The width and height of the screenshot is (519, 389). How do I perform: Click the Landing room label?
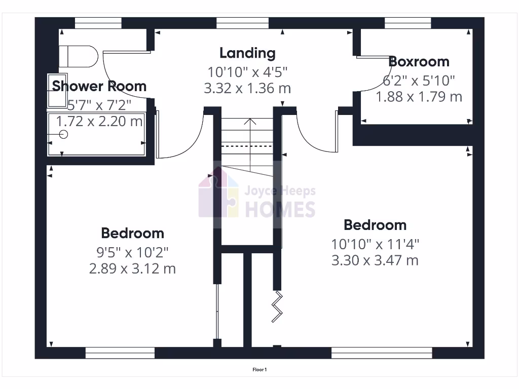pyautogui.click(x=247, y=53)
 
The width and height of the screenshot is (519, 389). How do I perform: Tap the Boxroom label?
pyautogui.click(x=419, y=62)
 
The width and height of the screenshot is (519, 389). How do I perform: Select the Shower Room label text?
pyautogui.click(x=99, y=86)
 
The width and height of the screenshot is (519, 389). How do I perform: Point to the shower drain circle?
pyautogui.click(x=63, y=134)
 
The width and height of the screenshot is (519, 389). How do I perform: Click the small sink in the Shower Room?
pyautogui.click(x=57, y=91)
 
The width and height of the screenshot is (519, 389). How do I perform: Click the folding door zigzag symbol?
pyautogui.click(x=278, y=306)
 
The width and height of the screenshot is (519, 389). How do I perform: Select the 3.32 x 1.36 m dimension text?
pyautogui.click(x=247, y=88)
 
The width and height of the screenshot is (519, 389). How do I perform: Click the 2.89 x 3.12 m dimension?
pyautogui.click(x=132, y=268)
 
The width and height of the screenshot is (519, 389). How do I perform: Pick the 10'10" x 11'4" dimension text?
pyautogui.click(x=375, y=244)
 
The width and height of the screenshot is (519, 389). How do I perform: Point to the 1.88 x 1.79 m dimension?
pyautogui.click(x=419, y=96)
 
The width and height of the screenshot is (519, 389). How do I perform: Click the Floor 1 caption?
pyautogui.click(x=259, y=370)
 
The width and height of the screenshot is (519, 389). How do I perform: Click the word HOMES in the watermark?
pyautogui.click(x=280, y=209)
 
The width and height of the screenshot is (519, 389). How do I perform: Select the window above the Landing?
pyautogui.click(x=242, y=23)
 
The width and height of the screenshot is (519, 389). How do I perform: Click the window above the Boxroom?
pyautogui.click(x=407, y=23)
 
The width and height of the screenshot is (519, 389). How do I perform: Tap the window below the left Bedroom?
pyautogui.click(x=120, y=353)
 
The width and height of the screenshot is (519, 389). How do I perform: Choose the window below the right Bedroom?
pyautogui.click(x=382, y=353)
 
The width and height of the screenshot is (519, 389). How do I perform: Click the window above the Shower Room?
pyautogui.click(x=98, y=23)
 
